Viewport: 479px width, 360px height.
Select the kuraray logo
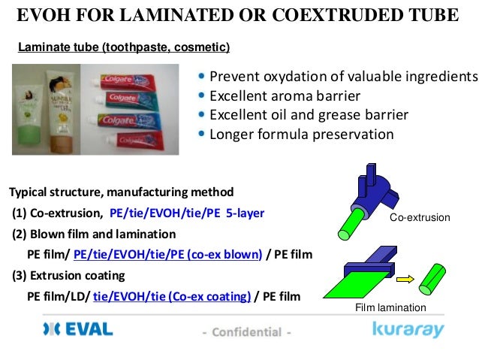coord(408,330)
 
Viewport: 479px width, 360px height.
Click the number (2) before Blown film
coord(19,233)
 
